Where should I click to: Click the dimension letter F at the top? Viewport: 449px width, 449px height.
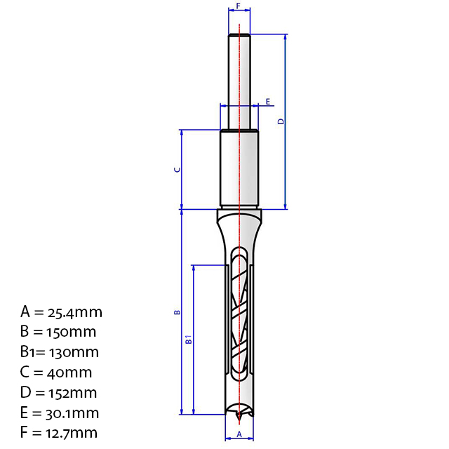pos(238,6)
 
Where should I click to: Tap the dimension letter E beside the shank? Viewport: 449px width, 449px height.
pos(268,102)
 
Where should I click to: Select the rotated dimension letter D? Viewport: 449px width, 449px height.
pos(281,121)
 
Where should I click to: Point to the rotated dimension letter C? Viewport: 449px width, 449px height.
pos(177,169)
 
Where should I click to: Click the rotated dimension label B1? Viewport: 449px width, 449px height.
pos(189,340)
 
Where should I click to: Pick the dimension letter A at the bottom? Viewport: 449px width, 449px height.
pos(239,434)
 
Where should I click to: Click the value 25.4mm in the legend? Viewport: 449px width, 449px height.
pos(75,313)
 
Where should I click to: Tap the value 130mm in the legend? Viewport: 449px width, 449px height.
pos(74,352)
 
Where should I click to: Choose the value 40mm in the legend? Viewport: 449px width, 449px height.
pos(69,373)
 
